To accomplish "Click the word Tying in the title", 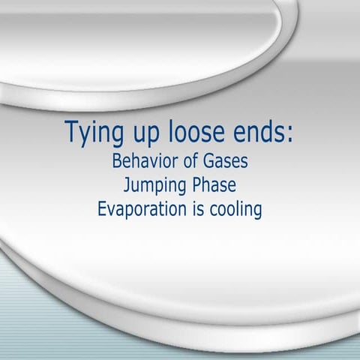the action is [94, 133].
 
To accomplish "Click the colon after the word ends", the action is [289, 134].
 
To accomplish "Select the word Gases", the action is [225, 161].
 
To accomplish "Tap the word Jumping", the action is [155, 186].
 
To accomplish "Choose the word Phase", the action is [214, 184].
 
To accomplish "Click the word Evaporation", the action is [142, 208].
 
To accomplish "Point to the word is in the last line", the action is [198, 208].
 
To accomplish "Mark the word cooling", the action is [235, 209].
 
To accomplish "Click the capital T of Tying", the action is [73, 131].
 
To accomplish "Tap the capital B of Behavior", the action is [117, 161].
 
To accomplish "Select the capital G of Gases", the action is [208, 161].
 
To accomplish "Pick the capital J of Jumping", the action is [127, 185].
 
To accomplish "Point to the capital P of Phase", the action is [197, 185].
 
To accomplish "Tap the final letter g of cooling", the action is [258, 212].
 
